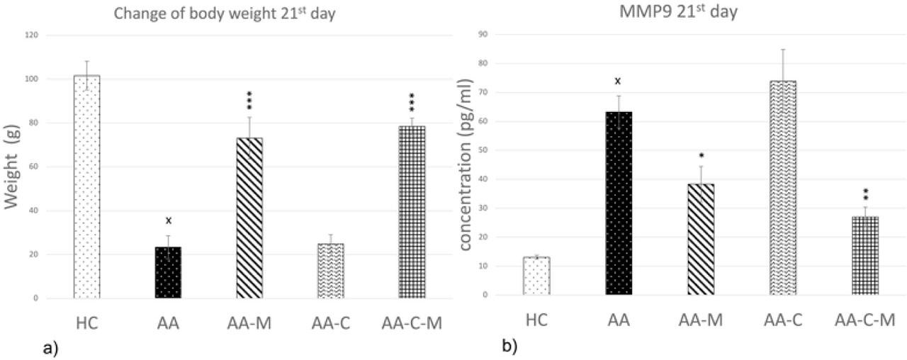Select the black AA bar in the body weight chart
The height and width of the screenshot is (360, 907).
tap(168, 272)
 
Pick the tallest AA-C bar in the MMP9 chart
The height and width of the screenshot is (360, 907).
tap(783, 188)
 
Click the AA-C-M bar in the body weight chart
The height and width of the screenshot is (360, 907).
tap(411, 212)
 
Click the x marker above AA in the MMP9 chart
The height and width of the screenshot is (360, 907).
tap(619, 81)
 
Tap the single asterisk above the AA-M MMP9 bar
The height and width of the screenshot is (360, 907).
tap(701, 155)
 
